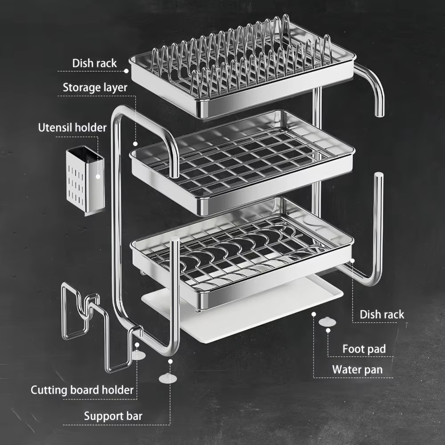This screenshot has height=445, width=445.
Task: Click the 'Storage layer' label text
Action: click(95, 87)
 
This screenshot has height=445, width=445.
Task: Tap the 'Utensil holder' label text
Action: click(72, 128)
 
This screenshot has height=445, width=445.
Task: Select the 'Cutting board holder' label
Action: click(82, 390)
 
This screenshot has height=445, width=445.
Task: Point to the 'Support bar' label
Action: click(113, 417)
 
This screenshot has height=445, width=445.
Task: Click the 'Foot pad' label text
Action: click(364, 349)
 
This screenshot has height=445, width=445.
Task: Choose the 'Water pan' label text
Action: click(357, 370)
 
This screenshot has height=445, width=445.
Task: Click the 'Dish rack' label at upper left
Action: click(94, 63)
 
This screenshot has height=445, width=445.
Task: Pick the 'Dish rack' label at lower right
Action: click(382, 315)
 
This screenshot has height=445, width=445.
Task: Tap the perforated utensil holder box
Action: click(85, 180)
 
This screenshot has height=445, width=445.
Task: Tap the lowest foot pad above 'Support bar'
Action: click(169, 378)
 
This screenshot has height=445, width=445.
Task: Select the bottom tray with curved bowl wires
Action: click(243, 254)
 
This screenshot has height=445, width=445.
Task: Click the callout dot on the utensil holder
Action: click(98, 176)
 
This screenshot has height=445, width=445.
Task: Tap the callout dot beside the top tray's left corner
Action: click(126, 70)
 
